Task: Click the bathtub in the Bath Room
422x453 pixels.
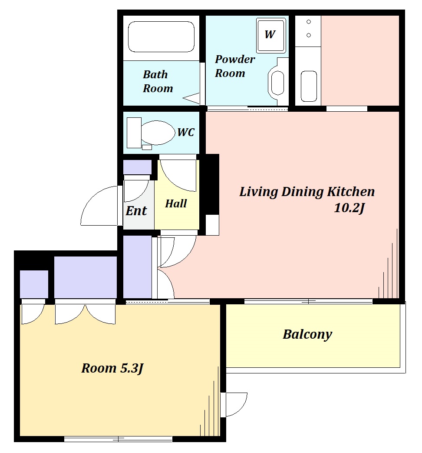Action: [161, 37]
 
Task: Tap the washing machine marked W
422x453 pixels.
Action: [271, 36]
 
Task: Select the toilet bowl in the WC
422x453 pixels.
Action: [158, 133]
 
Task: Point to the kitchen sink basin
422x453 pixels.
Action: [309, 87]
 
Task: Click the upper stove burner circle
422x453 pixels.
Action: [309, 22]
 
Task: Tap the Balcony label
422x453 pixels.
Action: [307, 335]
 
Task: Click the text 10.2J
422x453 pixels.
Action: [349, 208]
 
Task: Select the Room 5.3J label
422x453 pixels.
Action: [112, 368]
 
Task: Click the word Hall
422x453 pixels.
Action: [176, 203]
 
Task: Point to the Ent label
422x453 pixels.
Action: [136, 210]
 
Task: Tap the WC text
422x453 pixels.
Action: [186, 132]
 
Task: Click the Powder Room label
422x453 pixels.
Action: [235, 66]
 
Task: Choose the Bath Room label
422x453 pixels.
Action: [158, 81]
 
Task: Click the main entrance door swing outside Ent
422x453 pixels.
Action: [99, 205]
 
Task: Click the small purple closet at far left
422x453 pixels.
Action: [34, 284]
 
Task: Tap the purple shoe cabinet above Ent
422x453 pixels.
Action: [137, 167]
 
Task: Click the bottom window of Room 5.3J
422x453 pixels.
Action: [118, 439]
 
